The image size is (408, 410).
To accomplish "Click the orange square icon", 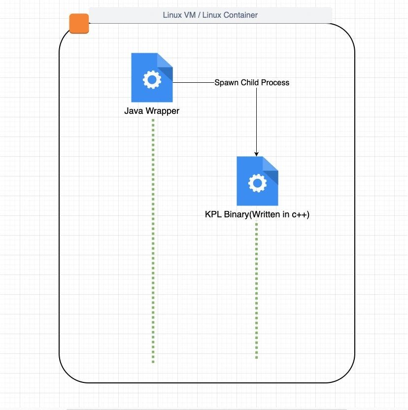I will [x=79, y=24].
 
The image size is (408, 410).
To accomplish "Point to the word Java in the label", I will [x=134, y=111].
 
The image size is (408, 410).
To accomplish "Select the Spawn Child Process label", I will [x=252, y=83].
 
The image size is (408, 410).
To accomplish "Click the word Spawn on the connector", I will [x=226, y=83].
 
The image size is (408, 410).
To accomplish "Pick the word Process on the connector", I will [x=275, y=83].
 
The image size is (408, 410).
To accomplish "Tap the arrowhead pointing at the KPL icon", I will [x=257, y=153].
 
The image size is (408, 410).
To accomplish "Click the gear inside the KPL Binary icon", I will [x=257, y=183].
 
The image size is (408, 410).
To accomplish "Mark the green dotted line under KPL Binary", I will [x=257, y=291].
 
